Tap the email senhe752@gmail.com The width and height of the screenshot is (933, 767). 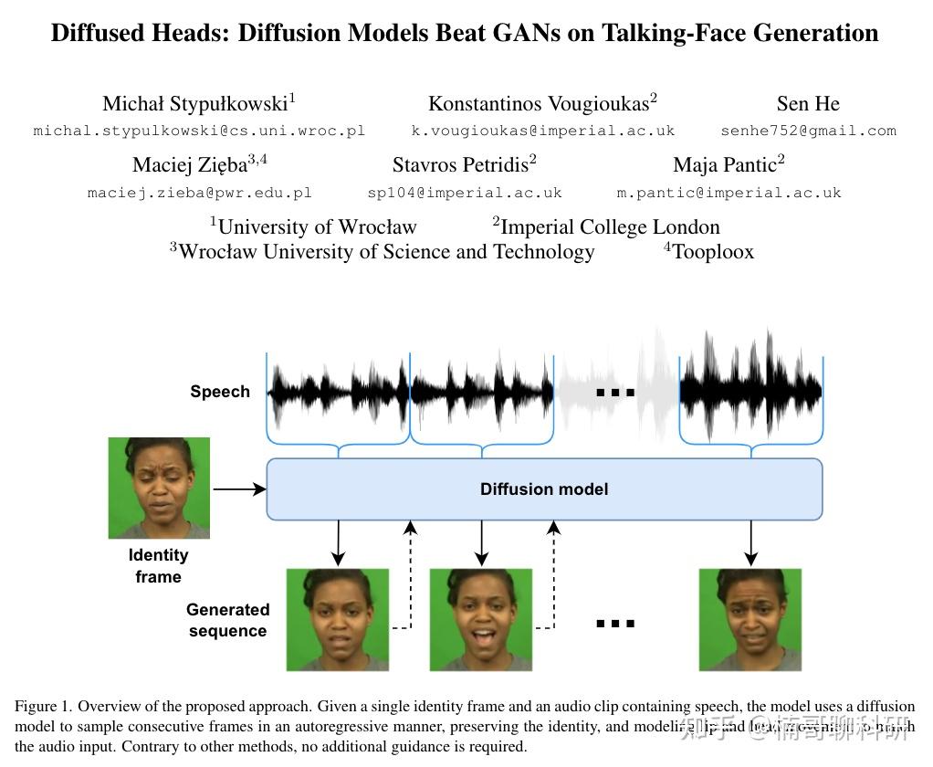pos(808,131)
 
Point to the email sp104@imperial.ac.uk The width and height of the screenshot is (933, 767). pos(465,193)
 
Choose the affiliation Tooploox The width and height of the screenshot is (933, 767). pos(712,251)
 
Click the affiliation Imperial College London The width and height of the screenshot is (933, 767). pos(609,226)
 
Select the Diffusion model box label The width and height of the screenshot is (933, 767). pos(544,489)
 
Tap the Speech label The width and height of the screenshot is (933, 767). pos(220,392)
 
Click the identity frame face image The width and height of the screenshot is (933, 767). pos(159,488)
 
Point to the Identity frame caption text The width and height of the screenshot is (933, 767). pos(159,565)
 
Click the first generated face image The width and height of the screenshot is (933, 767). pos(338,619)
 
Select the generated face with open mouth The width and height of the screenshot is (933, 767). pos(481,619)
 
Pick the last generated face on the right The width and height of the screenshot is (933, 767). pos(750,619)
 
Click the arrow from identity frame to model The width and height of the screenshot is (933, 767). pos(239,490)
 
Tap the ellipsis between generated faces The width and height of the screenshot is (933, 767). pos(615,624)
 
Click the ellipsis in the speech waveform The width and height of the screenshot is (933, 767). pos(615,393)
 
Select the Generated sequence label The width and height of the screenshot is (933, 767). pos(227,620)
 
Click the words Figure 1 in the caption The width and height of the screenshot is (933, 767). pos(43,707)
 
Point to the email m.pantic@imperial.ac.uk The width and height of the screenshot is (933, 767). pos(729,193)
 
